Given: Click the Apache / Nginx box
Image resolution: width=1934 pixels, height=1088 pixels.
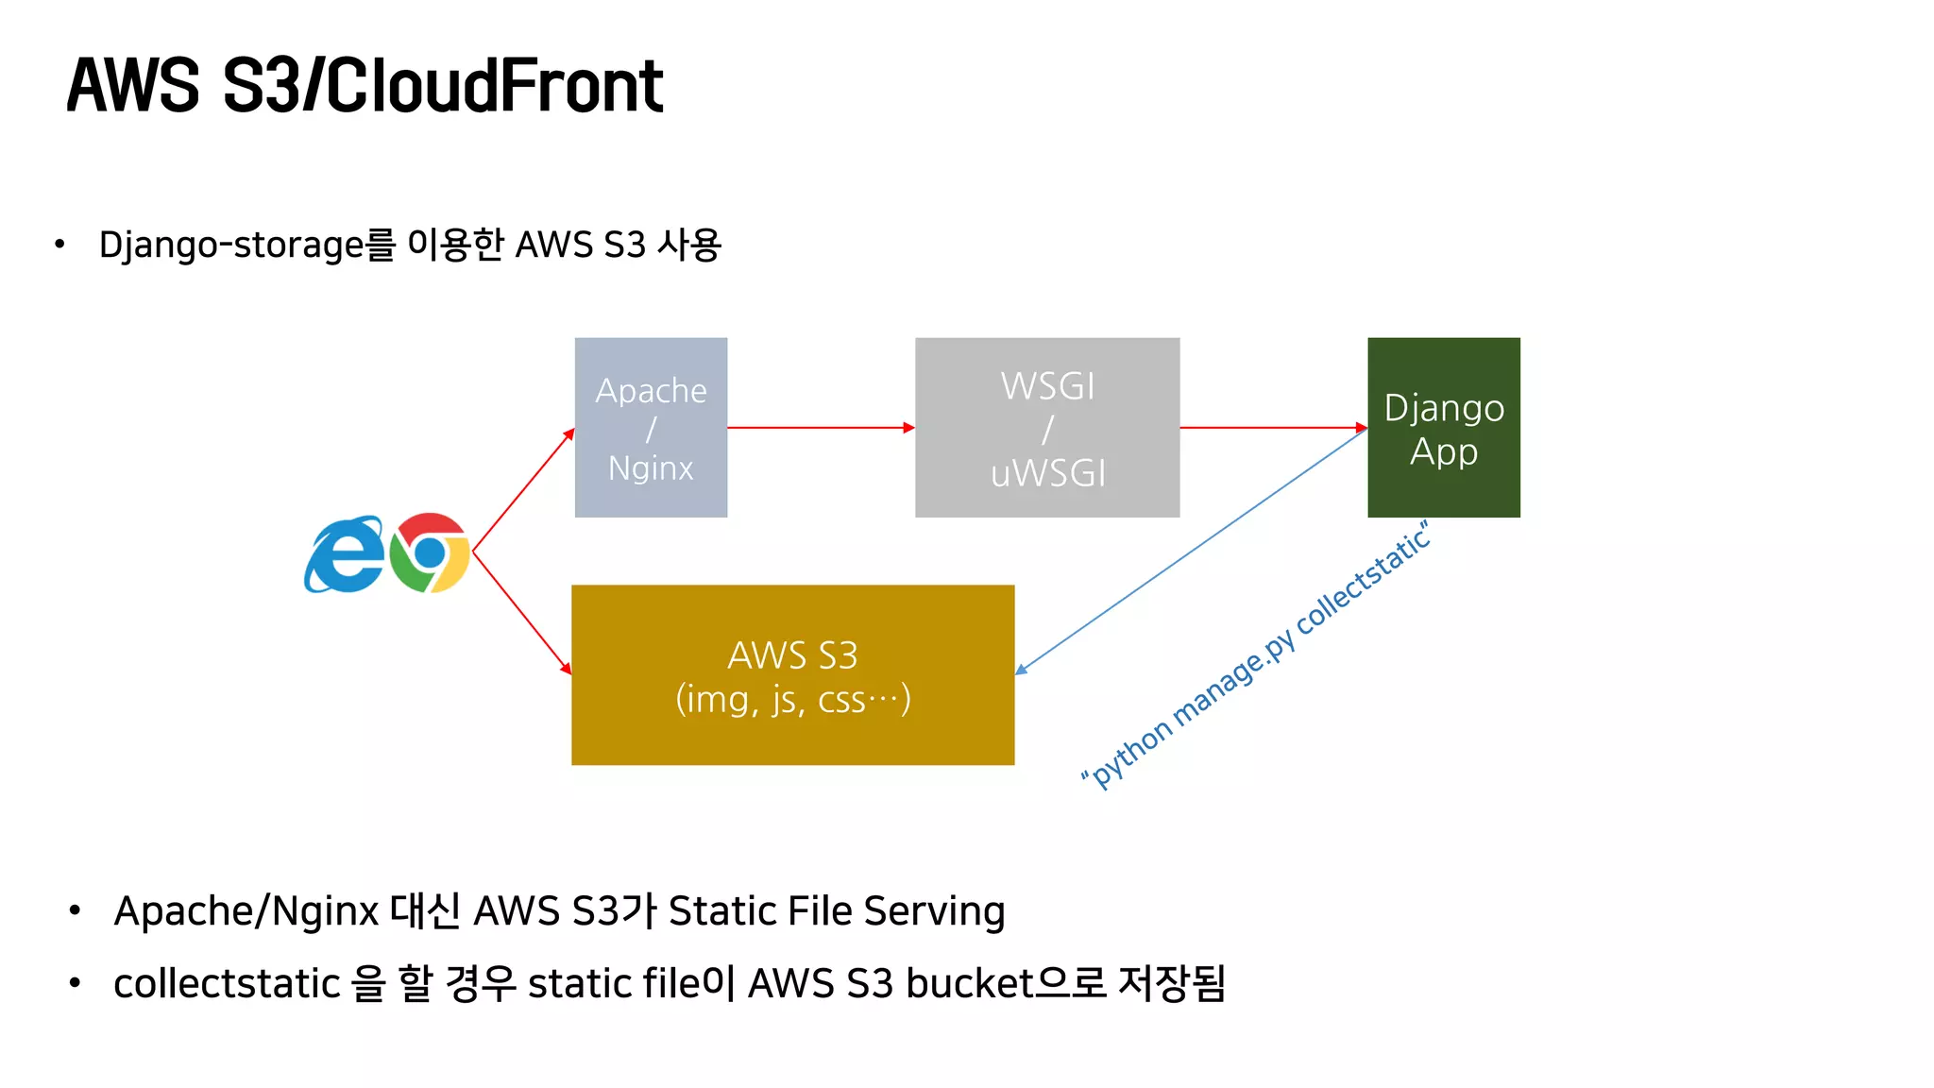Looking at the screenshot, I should click(x=651, y=427).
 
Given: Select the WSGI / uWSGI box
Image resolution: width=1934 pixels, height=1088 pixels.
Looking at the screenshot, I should click(x=1046, y=427).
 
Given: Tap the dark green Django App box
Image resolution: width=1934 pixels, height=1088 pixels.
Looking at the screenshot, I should click(x=1443, y=427).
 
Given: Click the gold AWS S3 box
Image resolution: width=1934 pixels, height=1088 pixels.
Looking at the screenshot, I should click(x=792, y=674).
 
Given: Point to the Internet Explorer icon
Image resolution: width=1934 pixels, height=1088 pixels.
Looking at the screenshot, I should click(x=344, y=555).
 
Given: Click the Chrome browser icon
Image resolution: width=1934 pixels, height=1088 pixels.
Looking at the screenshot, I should click(x=430, y=553).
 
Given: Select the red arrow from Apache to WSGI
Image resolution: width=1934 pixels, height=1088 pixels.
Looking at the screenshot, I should click(x=820, y=428).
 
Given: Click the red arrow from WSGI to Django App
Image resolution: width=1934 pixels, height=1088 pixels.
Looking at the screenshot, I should click(x=1272, y=428).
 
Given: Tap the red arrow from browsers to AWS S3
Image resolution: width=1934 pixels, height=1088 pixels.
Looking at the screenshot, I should click(x=522, y=614).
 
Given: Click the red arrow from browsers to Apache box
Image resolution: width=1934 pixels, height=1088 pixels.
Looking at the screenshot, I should click(x=523, y=490).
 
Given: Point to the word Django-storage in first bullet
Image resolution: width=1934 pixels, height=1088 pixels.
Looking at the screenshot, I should click(x=231, y=245).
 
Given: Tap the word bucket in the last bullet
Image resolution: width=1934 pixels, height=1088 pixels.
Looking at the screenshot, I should click(x=970, y=983).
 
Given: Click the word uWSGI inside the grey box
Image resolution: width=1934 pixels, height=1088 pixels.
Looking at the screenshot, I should click(x=1047, y=473).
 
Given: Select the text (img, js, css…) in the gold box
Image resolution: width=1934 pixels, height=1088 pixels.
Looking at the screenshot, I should click(x=792, y=700).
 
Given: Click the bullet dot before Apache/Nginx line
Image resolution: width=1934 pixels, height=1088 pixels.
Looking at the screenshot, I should click(x=75, y=911).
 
